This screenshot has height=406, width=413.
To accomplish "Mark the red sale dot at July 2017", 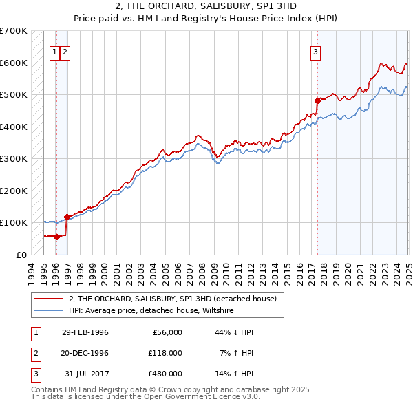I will (317, 100).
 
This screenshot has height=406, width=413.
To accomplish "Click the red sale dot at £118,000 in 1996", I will (67, 217).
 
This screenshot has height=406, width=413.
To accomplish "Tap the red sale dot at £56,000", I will (56, 237).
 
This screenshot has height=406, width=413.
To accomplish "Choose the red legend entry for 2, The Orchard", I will (172, 299).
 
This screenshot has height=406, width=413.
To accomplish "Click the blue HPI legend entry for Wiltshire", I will (151, 311).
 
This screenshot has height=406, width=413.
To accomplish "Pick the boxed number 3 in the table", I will (34, 374).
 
